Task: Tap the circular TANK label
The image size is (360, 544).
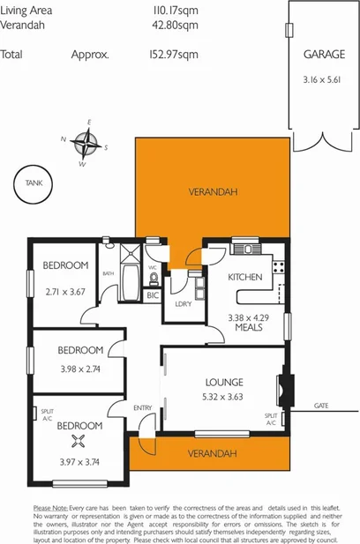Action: pyautogui.click(x=34, y=183)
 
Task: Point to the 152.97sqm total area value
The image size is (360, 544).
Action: pyautogui.click(x=175, y=54)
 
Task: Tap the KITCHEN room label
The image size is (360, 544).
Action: pyautogui.click(x=245, y=277)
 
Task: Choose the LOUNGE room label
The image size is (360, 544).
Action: pyautogui.click(x=224, y=382)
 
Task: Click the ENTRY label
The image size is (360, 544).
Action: pyautogui.click(x=142, y=407)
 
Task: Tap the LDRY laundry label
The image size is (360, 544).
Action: pyautogui.click(x=184, y=303)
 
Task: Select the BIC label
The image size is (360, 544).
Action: pyautogui.click(x=152, y=294)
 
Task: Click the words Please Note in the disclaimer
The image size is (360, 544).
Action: pyautogui.click(x=50, y=509)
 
